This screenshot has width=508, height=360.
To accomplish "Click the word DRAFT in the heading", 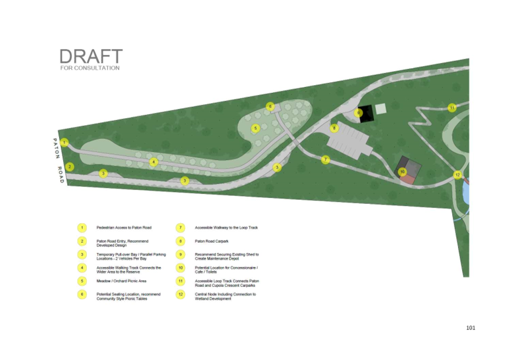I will point(91,56).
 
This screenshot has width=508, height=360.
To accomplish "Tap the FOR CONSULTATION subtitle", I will point(90,68).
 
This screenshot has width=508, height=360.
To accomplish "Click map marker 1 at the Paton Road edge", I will point(64,142).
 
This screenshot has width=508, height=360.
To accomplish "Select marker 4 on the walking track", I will point(153,162).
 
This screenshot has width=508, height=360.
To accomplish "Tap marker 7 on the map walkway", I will point(326,160).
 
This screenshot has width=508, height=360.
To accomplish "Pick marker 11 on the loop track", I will point(452,108).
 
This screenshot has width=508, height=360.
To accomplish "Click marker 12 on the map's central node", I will point(457,175).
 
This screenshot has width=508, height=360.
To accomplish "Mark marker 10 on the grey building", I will point(403,171).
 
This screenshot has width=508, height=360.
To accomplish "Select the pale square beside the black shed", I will point(381,109).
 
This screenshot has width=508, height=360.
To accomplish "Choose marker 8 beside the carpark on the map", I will point(334,128).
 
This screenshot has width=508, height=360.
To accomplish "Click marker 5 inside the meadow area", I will point(256,128).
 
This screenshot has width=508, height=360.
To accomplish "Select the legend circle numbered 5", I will point(81,281).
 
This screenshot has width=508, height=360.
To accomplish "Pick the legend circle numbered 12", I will point(181,294).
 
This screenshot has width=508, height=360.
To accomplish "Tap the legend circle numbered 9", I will point(181,255).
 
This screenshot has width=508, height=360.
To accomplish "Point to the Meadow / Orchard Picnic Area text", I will point(121,281).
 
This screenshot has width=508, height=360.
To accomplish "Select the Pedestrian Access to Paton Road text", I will point(124,228).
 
